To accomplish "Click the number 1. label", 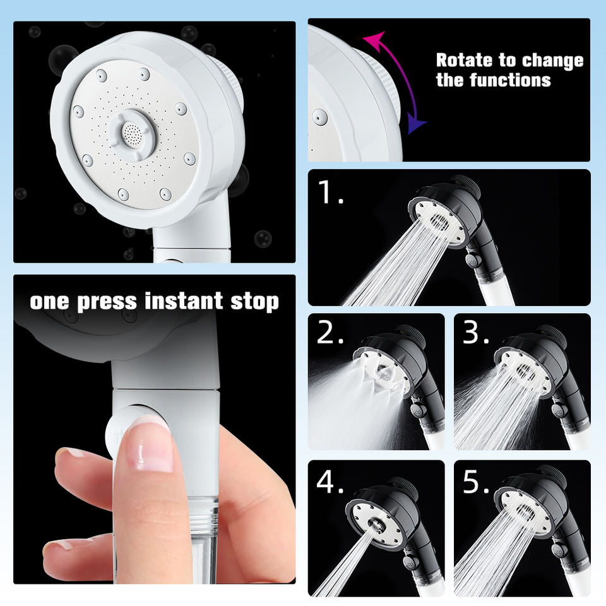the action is pyautogui.click(x=330, y=192).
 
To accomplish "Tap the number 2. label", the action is pyautogui.click(x=330, y=333).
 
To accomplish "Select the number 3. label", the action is pyautogui.click(x=476, y=333).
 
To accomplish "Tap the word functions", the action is pyautogui.click(x=510, y=80).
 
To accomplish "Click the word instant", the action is pyautogui.click(x=184, y=301).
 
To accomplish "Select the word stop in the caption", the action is pyautogui.click(x=254, y=302).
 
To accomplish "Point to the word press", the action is pyautogui.click(x=107, y=302).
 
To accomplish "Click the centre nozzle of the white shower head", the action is pyautogui.click(x=131, y=133).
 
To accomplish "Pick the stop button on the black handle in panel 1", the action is pyautogui.click(x=473, y=259).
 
